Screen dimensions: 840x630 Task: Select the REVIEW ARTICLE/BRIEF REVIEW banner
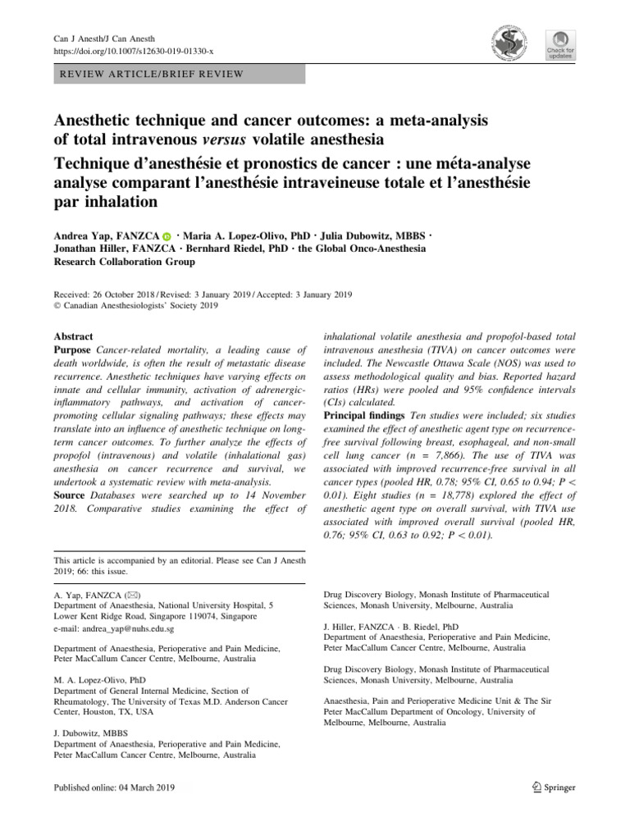click(179, 74)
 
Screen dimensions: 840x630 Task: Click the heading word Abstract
click(73, 336)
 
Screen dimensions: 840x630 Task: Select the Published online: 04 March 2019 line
click(114, 787)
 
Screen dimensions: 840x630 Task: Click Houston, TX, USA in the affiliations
click(122, 712)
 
